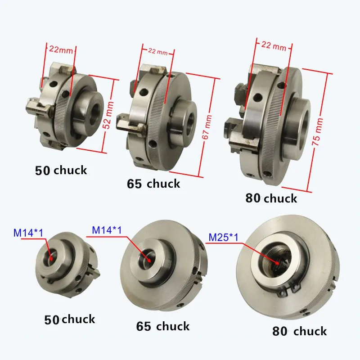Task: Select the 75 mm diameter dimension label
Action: [317, 131]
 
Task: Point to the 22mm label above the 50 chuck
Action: [61, 49]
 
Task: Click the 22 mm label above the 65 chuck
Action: [158, 51]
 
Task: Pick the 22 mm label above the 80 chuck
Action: [274, 45]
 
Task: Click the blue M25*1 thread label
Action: [224, 237]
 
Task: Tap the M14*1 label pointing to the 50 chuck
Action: [28, 233]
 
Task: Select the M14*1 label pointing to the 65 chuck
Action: [107, 230]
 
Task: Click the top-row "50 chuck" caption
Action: [61, 171]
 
